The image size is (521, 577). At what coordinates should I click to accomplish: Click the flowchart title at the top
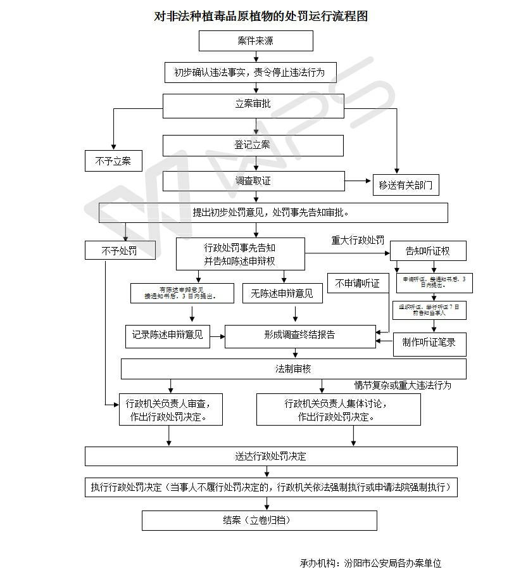tap(261, 16)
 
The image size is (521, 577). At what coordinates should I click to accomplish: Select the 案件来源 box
tap(256, 41)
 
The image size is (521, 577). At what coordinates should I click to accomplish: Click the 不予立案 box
tap(113, 161)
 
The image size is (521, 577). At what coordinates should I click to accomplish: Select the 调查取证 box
tap(253, 181)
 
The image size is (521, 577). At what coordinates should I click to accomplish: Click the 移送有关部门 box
tap(405, 185)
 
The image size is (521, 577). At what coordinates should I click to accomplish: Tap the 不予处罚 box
tap(120, 251)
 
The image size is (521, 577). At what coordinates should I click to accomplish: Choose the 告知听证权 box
tap(428, 251)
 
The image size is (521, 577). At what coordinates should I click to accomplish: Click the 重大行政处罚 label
tap(358, 241)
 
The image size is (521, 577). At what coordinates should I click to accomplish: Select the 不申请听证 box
tap(358, 284)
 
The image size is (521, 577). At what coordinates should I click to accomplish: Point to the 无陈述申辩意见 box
tap(282, 293)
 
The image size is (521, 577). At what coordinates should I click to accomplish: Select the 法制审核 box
tap(293, 369)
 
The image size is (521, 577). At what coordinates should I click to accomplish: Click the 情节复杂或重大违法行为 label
tap(403, 385)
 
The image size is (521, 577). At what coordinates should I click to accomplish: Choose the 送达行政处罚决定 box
tap(271, 456)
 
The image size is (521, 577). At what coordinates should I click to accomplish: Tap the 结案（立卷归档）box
tap(259, 520)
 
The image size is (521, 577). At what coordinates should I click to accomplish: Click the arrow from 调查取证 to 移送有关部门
tap(358, 181)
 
